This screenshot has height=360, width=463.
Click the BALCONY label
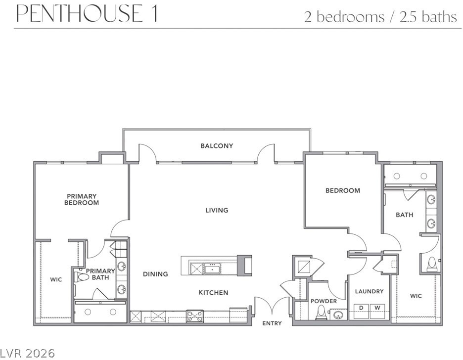tap(217, 146)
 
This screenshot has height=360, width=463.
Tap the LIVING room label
tap(217, 210)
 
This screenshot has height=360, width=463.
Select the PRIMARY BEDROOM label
tap(82, 199)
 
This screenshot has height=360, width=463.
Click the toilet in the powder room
tap(320, 312)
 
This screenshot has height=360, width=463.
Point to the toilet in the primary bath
tap(82, 277)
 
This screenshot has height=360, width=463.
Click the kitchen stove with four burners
tap(194, 316)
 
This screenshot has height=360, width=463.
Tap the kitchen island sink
tap(212, 269)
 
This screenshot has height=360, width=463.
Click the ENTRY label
tap(272, 323)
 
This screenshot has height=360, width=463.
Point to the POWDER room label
tap(324, 301)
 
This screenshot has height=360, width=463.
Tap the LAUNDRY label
tap(369, 292)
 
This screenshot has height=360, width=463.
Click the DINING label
tap(155, 274)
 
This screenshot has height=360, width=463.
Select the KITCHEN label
tap(213, 293)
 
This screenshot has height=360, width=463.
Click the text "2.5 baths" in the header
tap(428, 17)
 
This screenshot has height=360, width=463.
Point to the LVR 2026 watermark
tap(28, 353)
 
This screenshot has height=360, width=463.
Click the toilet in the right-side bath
tap(432, 264)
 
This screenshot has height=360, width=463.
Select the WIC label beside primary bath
tap(56, 279)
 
